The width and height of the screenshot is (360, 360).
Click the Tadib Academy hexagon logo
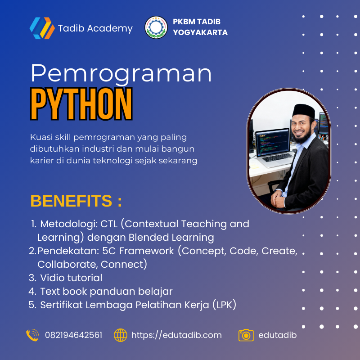[42, 28]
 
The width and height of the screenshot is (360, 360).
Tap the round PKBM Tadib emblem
[156, 28]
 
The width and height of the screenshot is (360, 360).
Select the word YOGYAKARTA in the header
[200, 32]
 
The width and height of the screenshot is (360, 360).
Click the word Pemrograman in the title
[121, 74]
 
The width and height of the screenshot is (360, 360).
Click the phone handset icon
[32, 335]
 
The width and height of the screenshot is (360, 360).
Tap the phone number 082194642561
[73, 335]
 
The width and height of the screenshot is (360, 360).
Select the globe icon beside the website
[121, 335]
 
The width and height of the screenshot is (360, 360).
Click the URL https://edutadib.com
[176, 335]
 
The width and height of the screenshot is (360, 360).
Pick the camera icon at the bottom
[246, 335]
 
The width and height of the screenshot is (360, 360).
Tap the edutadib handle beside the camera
[278, 335]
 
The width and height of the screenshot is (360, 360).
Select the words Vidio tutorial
[71, 278]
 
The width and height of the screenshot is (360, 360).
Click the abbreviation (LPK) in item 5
[224, 305]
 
